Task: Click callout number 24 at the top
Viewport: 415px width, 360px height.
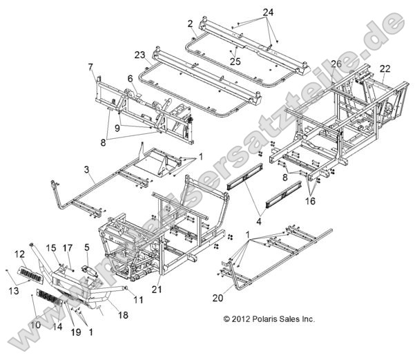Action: coord(267,12)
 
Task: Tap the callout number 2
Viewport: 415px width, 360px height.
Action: coord(189,23)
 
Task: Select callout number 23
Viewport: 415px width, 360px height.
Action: coord(140,53)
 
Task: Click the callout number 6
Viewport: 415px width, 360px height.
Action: coord(129,79)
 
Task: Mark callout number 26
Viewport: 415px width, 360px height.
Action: coord(336,64)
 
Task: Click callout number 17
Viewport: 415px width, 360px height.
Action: coord(68,248)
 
